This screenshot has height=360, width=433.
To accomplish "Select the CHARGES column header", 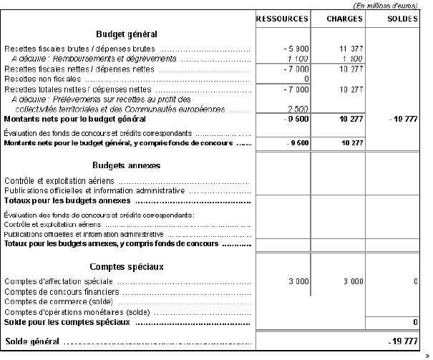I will pos(338,18).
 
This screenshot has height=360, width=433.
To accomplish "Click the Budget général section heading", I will pos(126,34).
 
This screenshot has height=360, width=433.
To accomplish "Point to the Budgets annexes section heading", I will pos(126,165).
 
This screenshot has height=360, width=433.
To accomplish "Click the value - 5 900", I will pos(296,48).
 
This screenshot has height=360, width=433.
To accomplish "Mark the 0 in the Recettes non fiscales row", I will pos(306,79).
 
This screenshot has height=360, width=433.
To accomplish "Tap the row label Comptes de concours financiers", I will pos(59,292).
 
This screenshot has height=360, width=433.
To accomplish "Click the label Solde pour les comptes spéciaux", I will pos(67,323).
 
